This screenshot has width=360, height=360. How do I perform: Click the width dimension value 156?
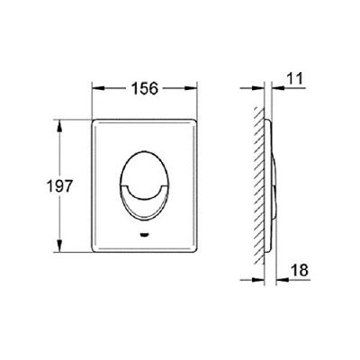coord(145,88)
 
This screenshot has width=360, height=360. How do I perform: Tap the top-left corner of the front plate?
coord(95,117)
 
